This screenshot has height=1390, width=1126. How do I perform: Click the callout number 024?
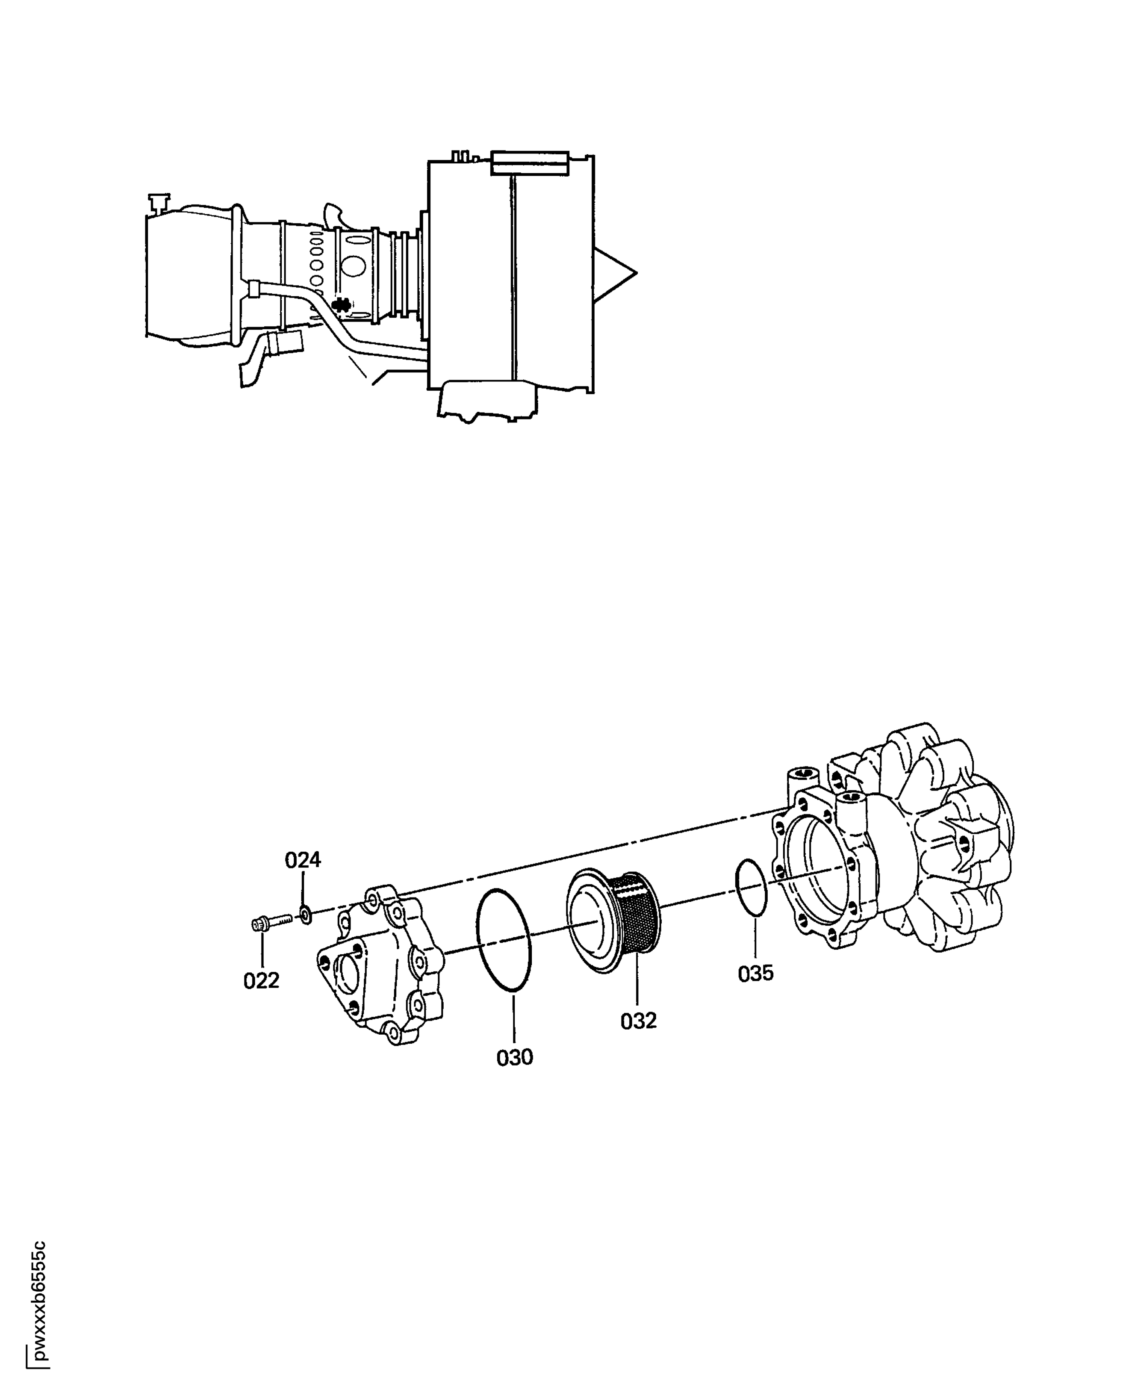tap(303, 860)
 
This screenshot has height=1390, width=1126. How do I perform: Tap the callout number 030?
tap(514, 1058)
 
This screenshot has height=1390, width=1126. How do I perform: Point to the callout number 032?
tap(638, 1021)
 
